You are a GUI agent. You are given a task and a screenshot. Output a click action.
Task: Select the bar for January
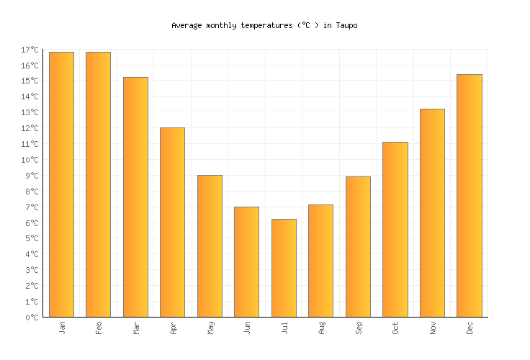(61, 184)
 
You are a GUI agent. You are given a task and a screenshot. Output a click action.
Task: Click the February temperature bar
(98, 184)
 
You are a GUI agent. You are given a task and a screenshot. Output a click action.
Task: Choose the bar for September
(358, 246)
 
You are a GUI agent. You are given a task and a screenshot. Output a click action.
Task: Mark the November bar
(432, 212)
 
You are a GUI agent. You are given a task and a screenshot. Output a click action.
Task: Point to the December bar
(469, 195)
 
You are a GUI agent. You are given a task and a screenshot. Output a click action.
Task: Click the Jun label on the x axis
(247, 328)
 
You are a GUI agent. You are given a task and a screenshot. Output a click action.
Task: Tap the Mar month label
(135, 328)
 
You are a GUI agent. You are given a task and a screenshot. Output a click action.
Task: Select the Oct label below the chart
(395, 328)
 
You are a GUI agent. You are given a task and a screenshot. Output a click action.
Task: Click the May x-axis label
(210, 328)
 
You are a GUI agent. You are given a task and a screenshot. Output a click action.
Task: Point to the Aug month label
(321, 328)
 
